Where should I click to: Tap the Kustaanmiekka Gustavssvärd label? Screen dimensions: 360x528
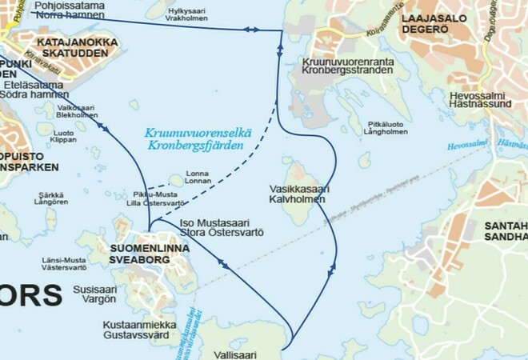pos(138,330)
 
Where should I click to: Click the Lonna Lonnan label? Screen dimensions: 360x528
pos(198,178)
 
